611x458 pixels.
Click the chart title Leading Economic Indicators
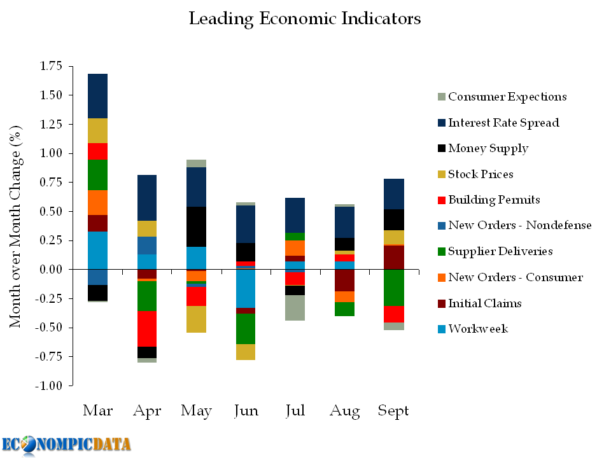(x=305, y=18)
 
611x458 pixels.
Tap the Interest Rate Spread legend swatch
(x=441, y=123)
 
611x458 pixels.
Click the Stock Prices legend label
(x=480, y=174)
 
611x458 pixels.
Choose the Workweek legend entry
(x=477, y=329)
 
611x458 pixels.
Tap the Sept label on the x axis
(x=393, y=411)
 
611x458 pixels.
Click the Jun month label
(x=246, y=411)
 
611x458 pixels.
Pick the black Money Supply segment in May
(x=196, y=226)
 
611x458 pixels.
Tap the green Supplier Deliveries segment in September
(x=393, y=288)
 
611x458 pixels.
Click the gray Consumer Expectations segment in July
(x=295, y=308)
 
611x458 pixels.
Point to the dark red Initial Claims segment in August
(x=344, y=280)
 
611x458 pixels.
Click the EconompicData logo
(x=66, y=444)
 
